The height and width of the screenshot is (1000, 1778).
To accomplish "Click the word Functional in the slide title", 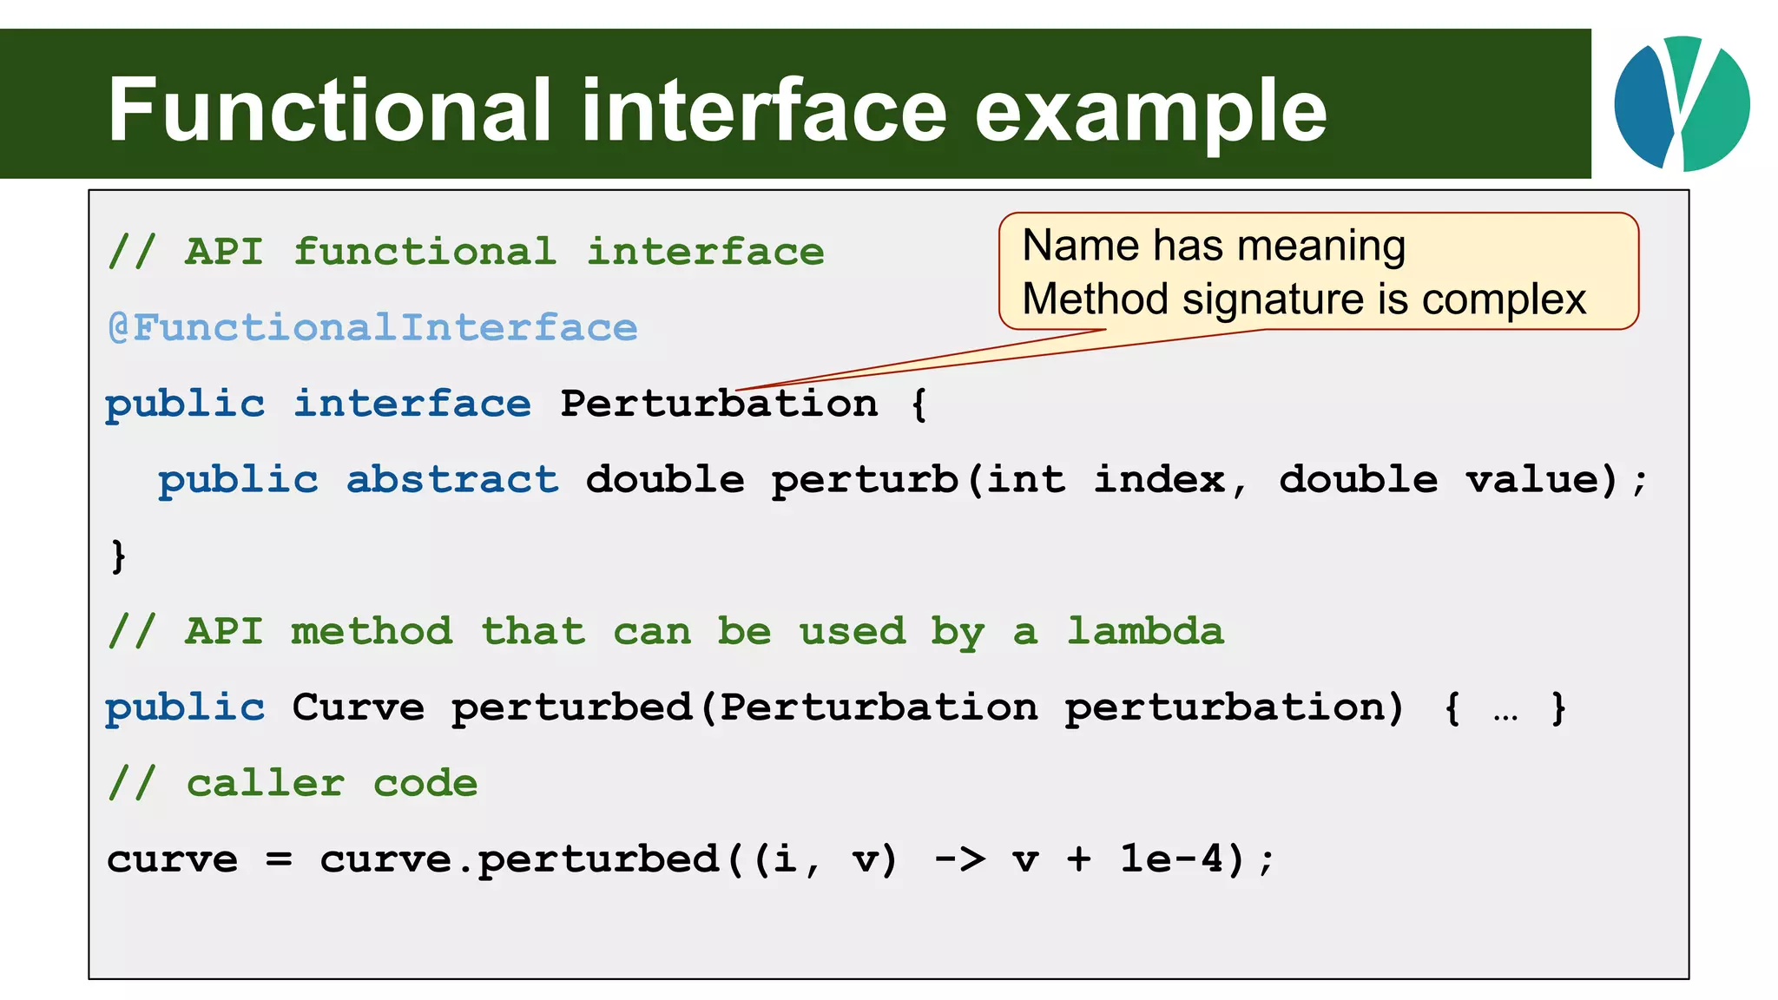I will (330, 110).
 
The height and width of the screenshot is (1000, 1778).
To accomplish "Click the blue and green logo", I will (1682, 103).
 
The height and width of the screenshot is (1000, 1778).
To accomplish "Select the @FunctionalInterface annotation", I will (372, 328).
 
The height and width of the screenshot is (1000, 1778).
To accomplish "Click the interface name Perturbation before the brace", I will (719, 404).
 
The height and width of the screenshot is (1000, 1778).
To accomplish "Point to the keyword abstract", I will (451, 480).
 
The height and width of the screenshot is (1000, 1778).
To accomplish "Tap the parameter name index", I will (1160, 480).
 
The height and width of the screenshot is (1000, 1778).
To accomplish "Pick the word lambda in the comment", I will (1145, 631).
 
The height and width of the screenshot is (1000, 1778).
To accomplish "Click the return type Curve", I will (358, 707).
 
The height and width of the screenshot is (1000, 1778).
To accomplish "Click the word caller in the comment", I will (265, 784).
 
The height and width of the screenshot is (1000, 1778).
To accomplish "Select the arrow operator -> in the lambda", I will (959, 859).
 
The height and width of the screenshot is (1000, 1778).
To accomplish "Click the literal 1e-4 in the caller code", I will (1171, 859).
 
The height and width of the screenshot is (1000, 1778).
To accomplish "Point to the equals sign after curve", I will (279, 860).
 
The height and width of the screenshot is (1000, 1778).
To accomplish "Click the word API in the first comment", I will (224, 253).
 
